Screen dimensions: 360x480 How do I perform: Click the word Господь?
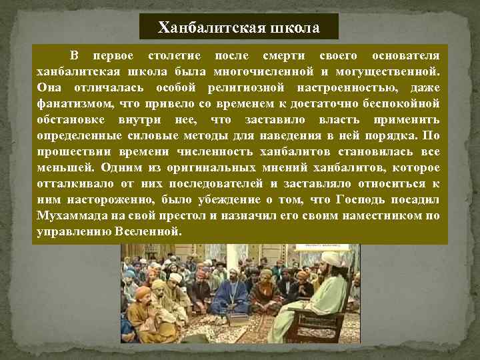click(363, 200)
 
